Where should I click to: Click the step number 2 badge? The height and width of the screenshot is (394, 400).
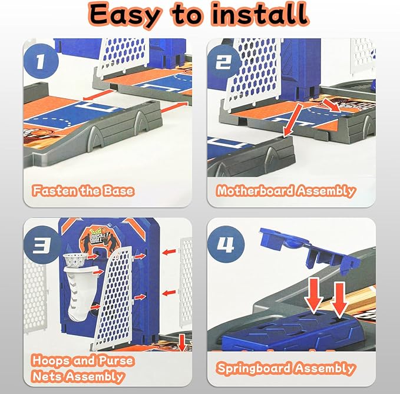click(224, 62)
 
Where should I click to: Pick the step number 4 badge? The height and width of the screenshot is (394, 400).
click(225, 244)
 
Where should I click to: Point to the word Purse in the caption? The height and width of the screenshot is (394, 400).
click(116, 360)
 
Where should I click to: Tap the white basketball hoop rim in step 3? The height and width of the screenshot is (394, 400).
click(75, 259)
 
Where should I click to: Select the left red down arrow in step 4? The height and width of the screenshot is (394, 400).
click(315, 296)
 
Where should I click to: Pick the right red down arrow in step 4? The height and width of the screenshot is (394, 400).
click(339, 300)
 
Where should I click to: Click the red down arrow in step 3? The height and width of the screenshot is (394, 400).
click(182, 343)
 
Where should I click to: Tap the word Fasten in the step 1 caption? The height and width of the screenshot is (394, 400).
click(54, 191)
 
